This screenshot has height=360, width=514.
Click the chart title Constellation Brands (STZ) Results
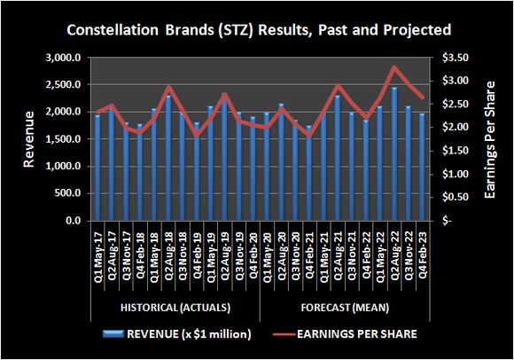pyautogui.click(x=257, y=30)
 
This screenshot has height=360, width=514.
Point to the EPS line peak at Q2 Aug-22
pyautogui.click(x=394, y=67)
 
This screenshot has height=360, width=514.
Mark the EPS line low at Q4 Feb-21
pyautogui.click(x=309, y=137)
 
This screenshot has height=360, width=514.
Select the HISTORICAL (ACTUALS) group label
pyautogui.click(x=175, y=307)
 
